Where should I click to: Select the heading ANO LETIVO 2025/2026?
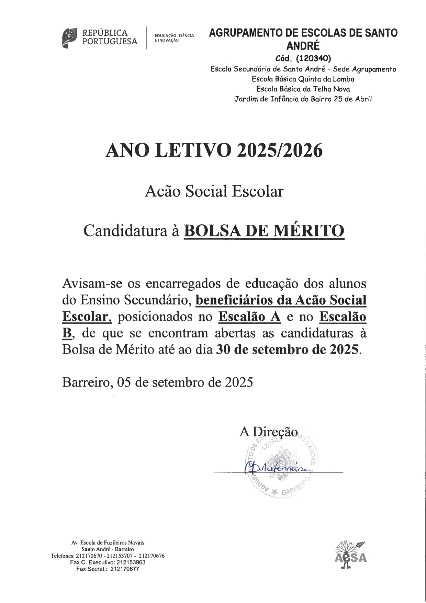214,151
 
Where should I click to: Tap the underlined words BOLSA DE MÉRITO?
264,231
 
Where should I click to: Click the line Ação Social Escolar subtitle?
214,191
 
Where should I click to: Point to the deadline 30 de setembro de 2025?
288,349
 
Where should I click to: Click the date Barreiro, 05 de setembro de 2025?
157,382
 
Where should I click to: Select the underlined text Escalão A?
249,316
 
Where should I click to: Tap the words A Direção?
268,432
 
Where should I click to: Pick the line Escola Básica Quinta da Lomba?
303,79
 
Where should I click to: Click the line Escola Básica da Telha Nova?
303,89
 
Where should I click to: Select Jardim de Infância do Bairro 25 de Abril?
303,99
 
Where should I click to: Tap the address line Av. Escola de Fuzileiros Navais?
108,543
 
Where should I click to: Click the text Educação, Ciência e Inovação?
174,38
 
